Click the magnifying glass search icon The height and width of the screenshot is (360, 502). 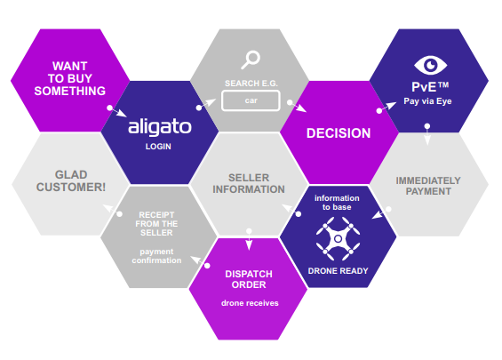click(251, 60)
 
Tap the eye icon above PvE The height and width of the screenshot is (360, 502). click(430, 66)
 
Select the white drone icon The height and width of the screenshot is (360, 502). click(338, 238)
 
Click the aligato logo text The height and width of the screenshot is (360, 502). click(159, 127)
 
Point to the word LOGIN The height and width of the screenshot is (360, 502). click(158, 147)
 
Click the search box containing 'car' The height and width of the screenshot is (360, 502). click(251, 100)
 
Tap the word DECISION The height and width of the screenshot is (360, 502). click(339, 133)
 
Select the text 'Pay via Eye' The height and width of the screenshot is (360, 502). click(427, 101)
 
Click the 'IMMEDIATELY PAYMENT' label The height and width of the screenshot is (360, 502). click(428, 186)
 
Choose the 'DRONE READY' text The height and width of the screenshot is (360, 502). click(338, 271)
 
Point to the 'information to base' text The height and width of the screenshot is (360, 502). click(337, 203)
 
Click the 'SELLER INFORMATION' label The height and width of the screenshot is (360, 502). click(249, 183)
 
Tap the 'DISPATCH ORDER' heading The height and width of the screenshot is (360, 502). click(249, 279)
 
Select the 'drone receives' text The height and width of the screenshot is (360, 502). click(250, 303)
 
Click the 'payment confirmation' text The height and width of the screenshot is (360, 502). click(156, 256)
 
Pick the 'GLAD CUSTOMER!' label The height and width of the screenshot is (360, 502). click(71, 181)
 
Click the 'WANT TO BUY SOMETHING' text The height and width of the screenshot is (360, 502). click(70, 78)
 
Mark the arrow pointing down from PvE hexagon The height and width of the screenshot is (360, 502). click(427, 135)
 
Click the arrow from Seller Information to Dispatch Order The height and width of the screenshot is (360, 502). click(249, 240)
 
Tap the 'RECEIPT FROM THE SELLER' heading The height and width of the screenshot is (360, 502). click(156, 224)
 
